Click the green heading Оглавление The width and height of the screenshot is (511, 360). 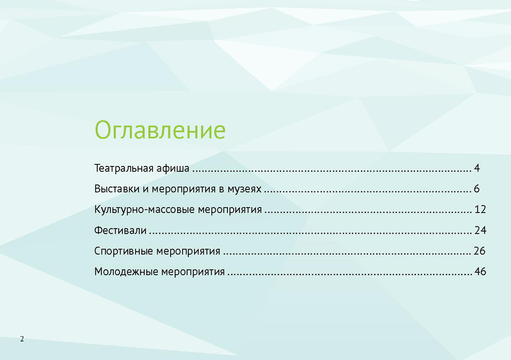pyautogui.click(x=160, y=130)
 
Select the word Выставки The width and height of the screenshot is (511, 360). pyautogui.click(x=117, y=189)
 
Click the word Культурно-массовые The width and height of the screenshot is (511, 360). pyautogui.click(x=145, y=209)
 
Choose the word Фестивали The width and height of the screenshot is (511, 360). pyautogui.click(x=120, y=230)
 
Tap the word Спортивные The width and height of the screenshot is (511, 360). pyautogui.click(x=124, y=251)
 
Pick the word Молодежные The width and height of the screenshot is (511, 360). pyautogui.click(x=126, y=272)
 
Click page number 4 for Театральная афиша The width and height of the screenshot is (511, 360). pyautogui.click(x=477, y=169)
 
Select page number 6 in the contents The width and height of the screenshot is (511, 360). pyautogui.click(x=477, y=189)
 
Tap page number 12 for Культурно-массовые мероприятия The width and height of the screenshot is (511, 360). pyautogui.click(x=480, y=209)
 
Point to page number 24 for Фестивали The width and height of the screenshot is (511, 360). pyautogui.click(x=480, y=230)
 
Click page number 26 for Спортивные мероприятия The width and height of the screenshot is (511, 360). pyautogui.click(x=480, y=251)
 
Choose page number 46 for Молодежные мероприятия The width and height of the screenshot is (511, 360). pyautogui.click(x=480, y=271)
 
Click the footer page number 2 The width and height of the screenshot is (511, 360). pyautogui.click(x=22, y=339)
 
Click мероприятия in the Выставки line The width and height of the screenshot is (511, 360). pyautogui.click(x=184, y=190)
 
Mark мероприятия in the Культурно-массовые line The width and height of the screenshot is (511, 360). pyautogui.click(x=230, y=210)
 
